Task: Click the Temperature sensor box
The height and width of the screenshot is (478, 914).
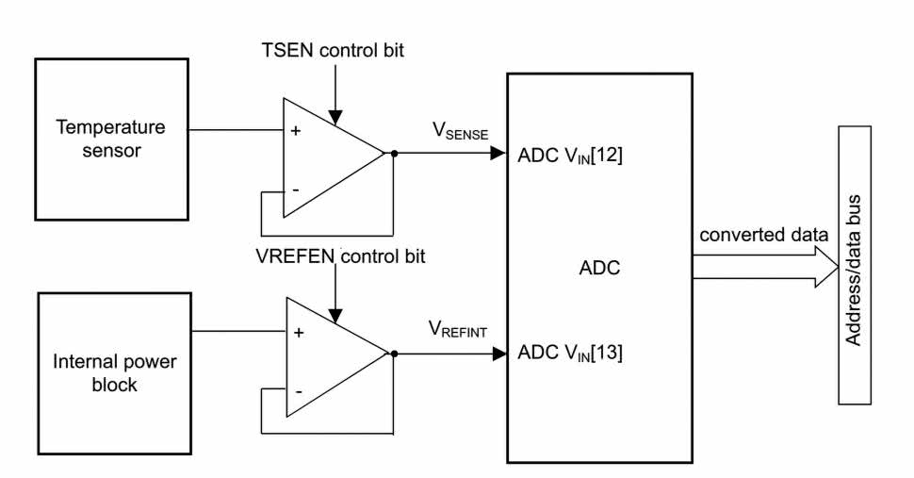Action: tap(109, 138)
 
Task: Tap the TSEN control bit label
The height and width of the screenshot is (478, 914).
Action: tap(335, 50)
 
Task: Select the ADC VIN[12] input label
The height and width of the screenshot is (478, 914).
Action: tap(570, 156)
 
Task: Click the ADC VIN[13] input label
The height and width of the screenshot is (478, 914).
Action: tap(570, 354)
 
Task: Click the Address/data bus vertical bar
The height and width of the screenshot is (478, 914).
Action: tap(854, 265)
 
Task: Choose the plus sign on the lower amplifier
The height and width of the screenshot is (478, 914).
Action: tap(299, 333)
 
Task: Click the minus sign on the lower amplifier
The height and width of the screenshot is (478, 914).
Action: tap(299, 390)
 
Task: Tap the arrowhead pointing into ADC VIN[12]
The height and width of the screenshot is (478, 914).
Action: tap(498, 153)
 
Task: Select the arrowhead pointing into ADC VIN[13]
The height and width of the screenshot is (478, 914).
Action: tap(499, 354)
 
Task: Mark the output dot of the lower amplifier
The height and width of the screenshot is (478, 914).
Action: tap(394, 354)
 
